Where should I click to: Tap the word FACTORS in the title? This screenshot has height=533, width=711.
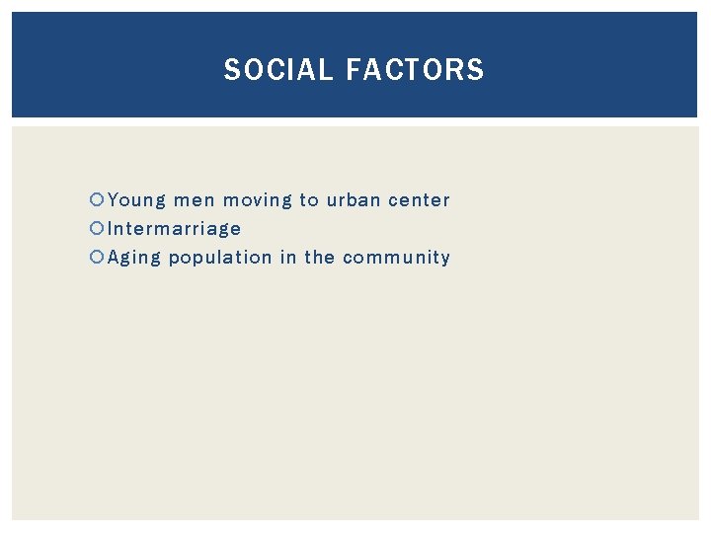(x=416, y=70)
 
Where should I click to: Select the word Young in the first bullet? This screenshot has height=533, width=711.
(x=137, y=200)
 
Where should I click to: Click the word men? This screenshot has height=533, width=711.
(x=195, y=200)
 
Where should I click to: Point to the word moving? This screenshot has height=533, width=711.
(x=257, y=200)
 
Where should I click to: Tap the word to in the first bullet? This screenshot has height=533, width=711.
(x=309, y=200)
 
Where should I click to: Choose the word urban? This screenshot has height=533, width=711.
(x=354, y=200)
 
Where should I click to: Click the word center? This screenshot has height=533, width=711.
(x=419, y=200)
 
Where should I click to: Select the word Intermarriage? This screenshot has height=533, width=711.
(x=174, y=229)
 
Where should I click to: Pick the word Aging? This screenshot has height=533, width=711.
(x=134, y=259)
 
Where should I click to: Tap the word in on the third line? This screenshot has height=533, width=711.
(x=287, y=258)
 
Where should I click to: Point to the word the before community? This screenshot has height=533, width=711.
(x=319, y=258)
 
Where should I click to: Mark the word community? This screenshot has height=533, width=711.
(x=396, y=258)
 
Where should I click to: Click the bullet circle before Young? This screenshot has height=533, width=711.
(x=97, y=200)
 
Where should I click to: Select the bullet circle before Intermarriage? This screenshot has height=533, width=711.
(x=97, y=229)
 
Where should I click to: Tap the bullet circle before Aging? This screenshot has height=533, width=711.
(x=97, y=258)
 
